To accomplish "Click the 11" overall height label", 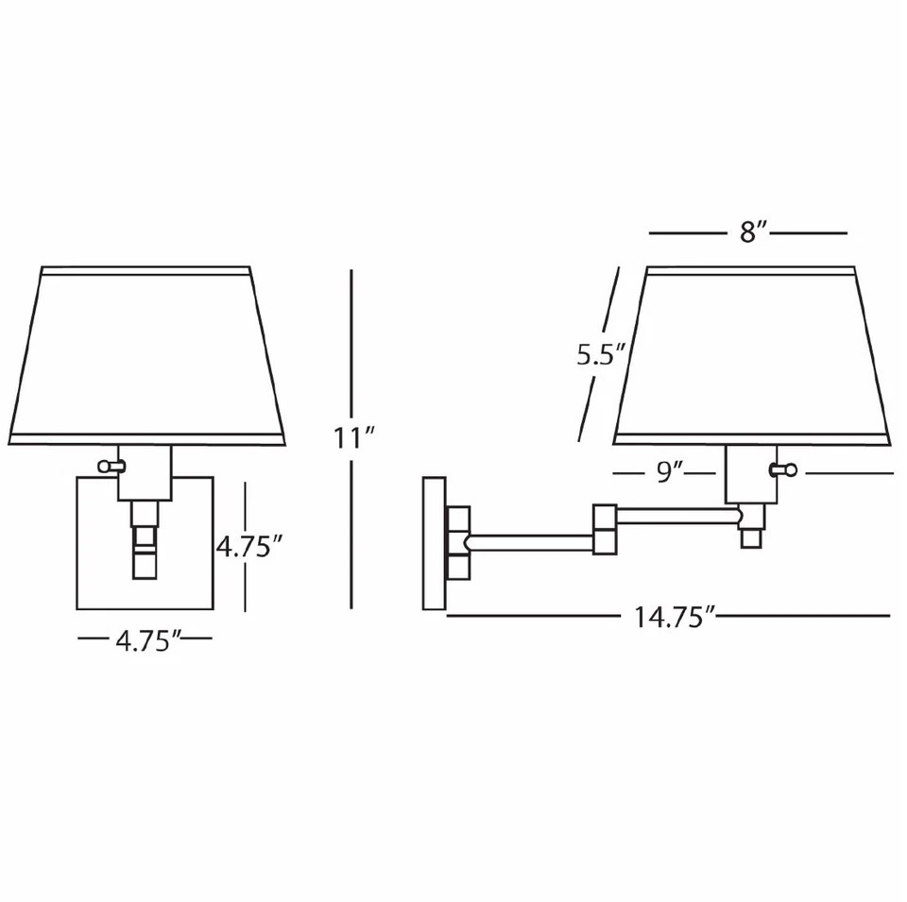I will click(x=354, y=438).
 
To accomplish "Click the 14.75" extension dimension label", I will click(x=673, y=618).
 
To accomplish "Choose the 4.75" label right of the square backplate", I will click(x=249, y=547).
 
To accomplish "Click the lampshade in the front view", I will click(x=151, y=354).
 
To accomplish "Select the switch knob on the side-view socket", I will click(x=784, y=470).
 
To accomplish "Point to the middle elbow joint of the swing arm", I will click(x=605, y=530).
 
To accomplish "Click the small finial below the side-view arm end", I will click(x=751, y=538).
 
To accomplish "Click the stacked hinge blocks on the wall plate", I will click(x=458, y=542).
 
